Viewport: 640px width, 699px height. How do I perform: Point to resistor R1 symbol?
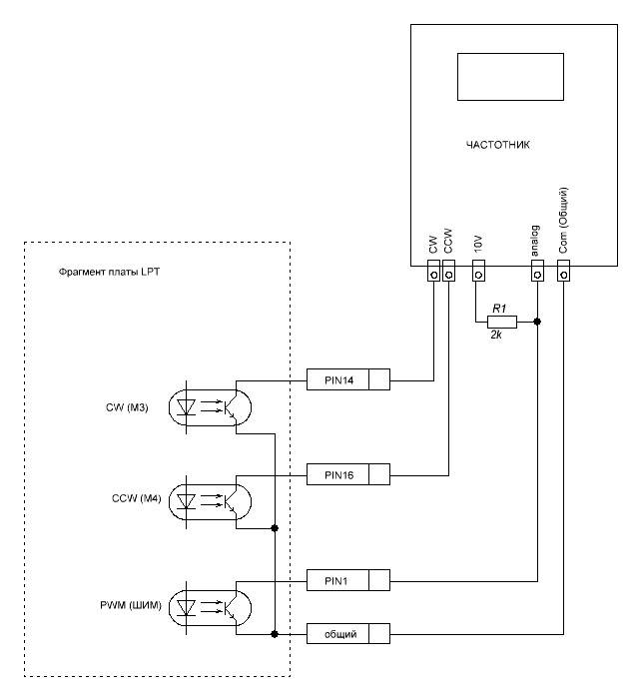(x=502, y=322)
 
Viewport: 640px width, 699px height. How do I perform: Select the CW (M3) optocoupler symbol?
(x=212, y=406)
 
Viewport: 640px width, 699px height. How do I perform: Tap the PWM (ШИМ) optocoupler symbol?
(x=212, y=606)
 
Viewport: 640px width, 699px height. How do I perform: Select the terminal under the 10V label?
(x=477, y=271)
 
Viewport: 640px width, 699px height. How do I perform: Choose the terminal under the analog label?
(x=537, y=271)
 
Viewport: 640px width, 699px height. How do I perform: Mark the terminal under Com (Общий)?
(x=563, y=271)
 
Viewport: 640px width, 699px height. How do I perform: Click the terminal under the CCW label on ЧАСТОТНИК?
(x=448, y=271)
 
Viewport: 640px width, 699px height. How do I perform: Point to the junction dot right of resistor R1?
(x=537, y=322)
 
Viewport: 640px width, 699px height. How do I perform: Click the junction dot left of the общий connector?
(x=275, y=633)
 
